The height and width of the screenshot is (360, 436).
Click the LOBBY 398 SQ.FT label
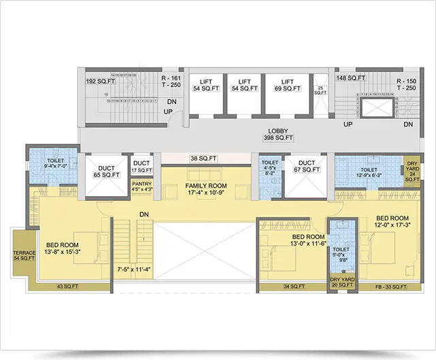[278, 134]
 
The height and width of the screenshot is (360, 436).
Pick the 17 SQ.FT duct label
[141, 166]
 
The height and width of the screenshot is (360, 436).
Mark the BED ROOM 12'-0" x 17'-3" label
[390, 223]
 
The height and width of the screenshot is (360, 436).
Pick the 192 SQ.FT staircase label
[99, 80]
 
